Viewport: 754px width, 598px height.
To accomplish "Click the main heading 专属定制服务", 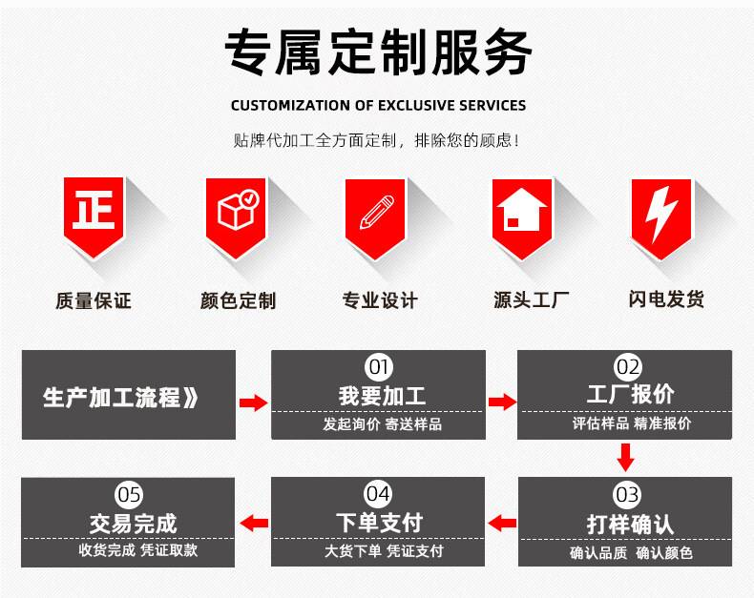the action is (x=378, y=52).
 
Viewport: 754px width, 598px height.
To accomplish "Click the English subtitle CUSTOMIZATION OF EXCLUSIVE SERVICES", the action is (x=378, y=105).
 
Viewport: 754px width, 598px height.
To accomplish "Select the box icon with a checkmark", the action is (x=237, y=212).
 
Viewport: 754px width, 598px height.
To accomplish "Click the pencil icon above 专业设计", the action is (x=376, y=212).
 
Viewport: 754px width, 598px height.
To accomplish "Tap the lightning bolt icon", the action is (x=660, y=212).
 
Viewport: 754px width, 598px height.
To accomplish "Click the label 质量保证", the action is (x=93, y=301).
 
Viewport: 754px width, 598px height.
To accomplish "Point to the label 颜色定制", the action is (x=238, y=301).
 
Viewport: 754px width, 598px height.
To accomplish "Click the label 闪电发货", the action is (x=666, y=299).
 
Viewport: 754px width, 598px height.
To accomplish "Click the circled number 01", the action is (x=379, y=366).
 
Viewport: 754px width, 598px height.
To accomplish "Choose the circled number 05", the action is (x=129, y=494).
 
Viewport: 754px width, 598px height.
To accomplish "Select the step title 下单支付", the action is (x=379, y=523).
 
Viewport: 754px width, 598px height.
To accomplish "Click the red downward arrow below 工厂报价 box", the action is (x=625, y=458).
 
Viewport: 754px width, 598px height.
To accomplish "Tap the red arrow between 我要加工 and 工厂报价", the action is (x=502, y=402).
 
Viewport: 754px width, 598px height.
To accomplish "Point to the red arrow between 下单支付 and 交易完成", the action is (x=254, y=522).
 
